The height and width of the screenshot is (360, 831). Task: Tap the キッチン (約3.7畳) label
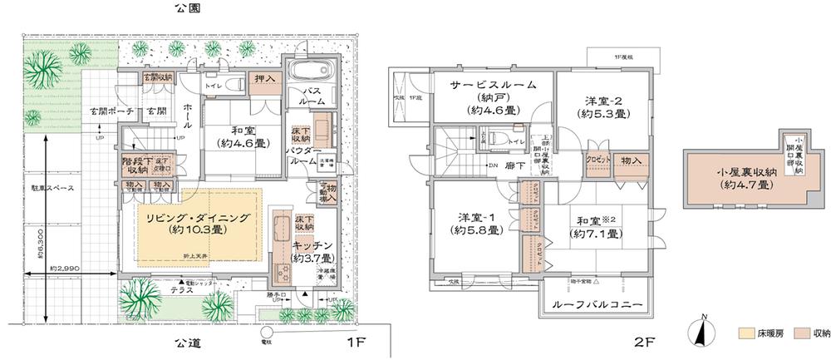coord(312,251)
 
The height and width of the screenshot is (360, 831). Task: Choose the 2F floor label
coord(643,342)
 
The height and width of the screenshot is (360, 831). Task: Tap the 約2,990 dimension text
coord(65,269)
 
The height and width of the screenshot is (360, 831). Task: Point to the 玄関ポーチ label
coord(109,111)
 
